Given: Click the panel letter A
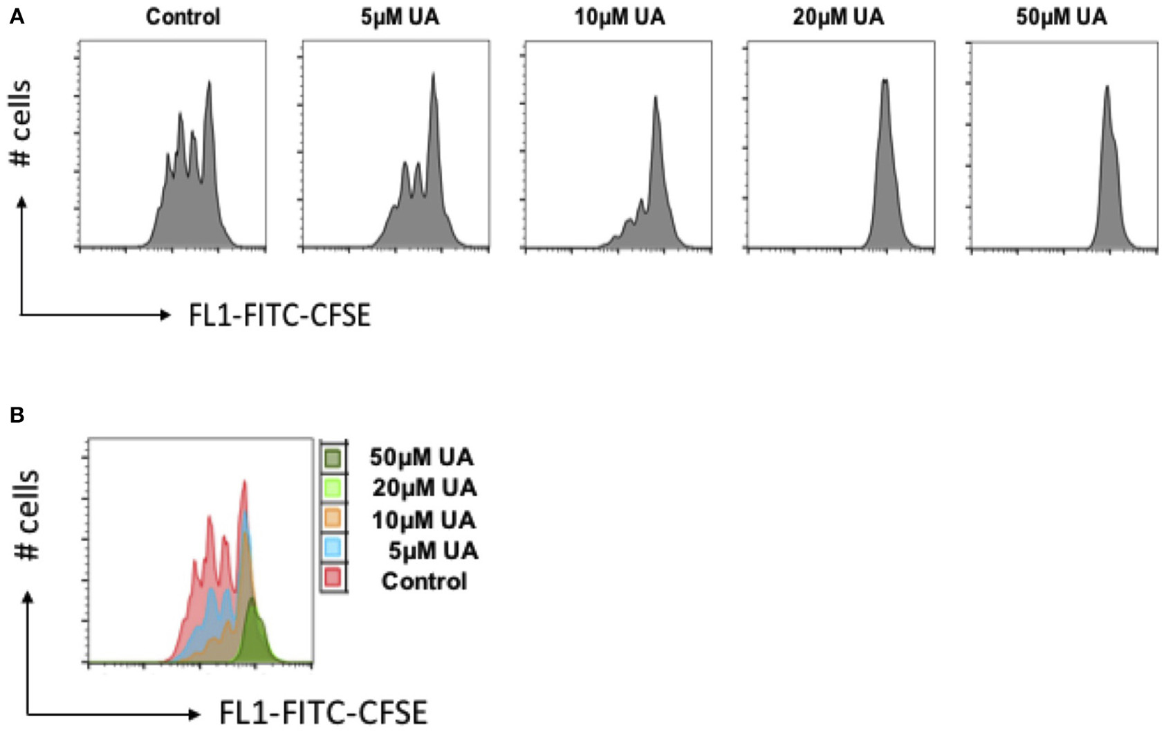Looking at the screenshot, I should [x=16, y=17].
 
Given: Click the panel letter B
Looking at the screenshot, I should [x=16, y=415].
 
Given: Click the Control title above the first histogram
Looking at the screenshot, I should [x=183, y=17].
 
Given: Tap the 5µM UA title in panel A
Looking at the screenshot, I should [x=400, y=17].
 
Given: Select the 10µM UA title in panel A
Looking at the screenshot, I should [x=620, y=17].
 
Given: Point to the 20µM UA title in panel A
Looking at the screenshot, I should [x=838, y=17].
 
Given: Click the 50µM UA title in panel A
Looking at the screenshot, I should [x=1061, y=17].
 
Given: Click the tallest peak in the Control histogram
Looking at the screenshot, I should [x=209, y=83].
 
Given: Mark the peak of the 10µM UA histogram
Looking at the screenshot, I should [x=655, y=98].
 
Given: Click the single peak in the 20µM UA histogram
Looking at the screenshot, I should [x=885, y=82].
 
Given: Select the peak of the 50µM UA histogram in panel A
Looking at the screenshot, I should [x=1107, y=88].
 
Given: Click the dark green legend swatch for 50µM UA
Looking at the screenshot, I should [x=333, y=457].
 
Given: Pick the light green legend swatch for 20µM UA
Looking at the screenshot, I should [x=333, y=488].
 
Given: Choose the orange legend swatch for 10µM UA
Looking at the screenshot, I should [x=333, y=518].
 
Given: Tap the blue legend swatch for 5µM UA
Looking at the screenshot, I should [x=333, y=549].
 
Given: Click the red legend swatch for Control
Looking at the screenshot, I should [x=333, y=578].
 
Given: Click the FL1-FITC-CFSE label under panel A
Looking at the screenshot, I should [x=279, y=315].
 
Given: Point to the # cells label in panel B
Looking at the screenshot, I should [x=28, y=515].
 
